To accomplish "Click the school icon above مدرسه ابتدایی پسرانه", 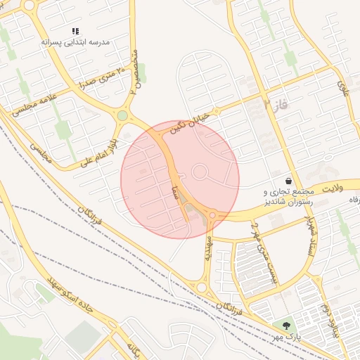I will tap(76, 32).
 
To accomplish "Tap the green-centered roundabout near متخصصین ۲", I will tap(122, 115).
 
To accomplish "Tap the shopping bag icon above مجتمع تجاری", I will tap(289, 181).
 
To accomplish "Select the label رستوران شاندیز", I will tap(287, 202).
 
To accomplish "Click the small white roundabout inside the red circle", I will tap(200, 171).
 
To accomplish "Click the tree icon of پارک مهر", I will tap(285, 326).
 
